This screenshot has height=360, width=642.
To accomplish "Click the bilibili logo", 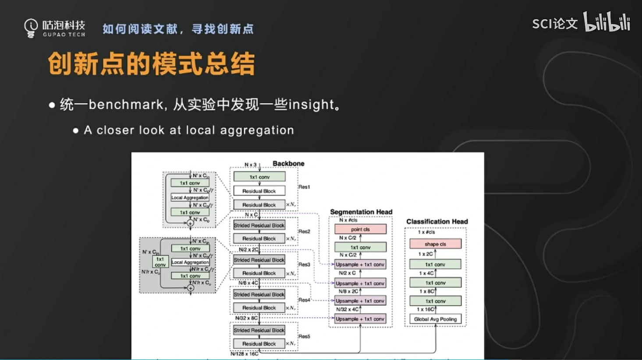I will pos(607,22).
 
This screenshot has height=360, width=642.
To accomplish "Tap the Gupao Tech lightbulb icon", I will pos(31,28).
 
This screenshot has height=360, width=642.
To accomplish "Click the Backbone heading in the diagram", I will pos(288,163).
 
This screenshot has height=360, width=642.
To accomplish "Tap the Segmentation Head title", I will pos(361,212).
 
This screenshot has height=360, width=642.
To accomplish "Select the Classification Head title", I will pos(437,222).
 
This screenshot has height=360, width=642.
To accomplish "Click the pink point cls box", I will pos(360,229).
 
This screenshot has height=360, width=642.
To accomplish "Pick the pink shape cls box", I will pos(435,244).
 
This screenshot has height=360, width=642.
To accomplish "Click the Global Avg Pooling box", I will pos(435,319).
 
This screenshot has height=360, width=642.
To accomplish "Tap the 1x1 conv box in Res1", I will pos(259,177).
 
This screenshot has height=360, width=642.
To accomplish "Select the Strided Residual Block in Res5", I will pos(259,330).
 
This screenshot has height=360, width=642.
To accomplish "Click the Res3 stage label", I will pos(304,265).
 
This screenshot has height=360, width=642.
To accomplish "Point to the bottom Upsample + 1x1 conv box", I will pos(360,319).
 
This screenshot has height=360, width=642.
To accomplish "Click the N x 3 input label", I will pos(251,165).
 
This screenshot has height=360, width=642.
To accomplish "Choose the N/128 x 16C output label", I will pos(245,353).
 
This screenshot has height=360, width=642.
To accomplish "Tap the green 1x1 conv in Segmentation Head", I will pos(360,247).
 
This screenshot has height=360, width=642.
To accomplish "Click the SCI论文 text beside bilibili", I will pos(555,24).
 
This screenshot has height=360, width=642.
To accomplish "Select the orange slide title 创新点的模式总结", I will pos(151,64).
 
